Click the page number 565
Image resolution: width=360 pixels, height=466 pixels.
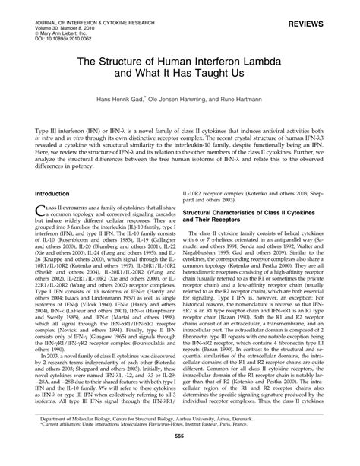click(179, 454)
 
